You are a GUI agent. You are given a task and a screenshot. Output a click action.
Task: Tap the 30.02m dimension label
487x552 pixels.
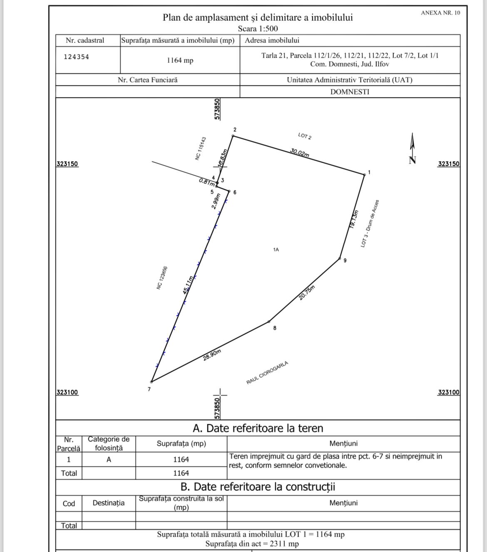(300, 153)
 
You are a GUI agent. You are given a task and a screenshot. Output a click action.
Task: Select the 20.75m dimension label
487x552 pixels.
(307, 293)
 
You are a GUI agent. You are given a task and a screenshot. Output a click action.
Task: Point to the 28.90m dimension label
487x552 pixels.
(212, 355)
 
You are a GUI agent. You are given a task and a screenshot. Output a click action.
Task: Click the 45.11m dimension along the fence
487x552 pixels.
(188, 285)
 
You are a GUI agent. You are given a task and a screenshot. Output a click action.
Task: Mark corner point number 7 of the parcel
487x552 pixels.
(152, 381)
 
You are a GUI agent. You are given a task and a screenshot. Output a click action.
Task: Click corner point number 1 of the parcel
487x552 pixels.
(365, 174)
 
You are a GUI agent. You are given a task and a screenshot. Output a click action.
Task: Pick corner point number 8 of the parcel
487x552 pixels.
(269, 322)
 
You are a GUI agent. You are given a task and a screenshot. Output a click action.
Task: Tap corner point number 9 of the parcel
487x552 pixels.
(340, 259)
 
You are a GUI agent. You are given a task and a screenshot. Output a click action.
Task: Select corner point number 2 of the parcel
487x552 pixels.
(233, 136)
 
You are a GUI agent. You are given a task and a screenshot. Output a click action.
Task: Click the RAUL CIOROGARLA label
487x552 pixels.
(267, 373)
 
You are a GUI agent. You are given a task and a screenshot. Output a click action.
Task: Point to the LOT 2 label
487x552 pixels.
(305, 136)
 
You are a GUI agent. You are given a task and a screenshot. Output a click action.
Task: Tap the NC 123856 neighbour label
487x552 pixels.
(162, 278)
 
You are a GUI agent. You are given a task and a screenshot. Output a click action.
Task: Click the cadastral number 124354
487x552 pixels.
(77, 57)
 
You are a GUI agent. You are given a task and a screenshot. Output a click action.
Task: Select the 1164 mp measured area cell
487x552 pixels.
(180, 60)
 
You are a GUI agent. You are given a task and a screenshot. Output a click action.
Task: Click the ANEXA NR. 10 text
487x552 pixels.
(440, 13)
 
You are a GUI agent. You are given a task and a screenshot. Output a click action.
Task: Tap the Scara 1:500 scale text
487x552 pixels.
(258, 29)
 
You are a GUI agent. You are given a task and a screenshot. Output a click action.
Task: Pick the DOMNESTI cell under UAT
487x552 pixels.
(350, 92)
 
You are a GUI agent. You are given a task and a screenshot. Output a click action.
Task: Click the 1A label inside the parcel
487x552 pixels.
(276, 250)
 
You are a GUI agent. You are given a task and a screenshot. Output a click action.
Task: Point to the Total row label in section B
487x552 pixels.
(69, 525)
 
